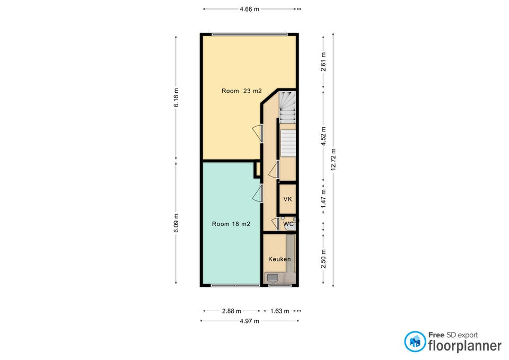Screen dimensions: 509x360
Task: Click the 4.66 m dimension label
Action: pyautogui.click(x=249, y=9)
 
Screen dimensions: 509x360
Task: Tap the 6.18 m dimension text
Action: pyautogui.click(x=176, y=98)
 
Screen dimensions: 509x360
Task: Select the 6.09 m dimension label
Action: pyautogui.click(x=176, y=223)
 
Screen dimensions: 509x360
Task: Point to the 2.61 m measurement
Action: pyautogui.click(x=323, y=62)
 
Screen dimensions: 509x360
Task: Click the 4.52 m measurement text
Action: pyautogui.click(x=323, y=136)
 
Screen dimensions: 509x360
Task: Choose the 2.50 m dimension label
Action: pyautogui.click(x=323, y=259)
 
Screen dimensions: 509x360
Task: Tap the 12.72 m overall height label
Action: pyautogui.click(x=334, y=160)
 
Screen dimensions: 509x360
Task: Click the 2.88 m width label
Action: pyautogui.click(x=232, y=311)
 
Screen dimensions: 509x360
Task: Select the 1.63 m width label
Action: pyautogui.click(x=279, y=311)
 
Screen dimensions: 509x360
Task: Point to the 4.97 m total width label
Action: pyautogui.click(x=249, y=321)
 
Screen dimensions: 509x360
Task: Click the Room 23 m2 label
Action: pyautogui.click(x=242, y=91)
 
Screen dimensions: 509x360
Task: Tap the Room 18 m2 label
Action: pyautogui.click(x=231, y=224)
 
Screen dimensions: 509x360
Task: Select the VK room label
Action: pyautogui.click(x=287, y=199)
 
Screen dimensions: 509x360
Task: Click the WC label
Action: pyautogui.click(x=288, y=224)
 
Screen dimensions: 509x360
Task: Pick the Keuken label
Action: pyautogui.click(x=279, y=259)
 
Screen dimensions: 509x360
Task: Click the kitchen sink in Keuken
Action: pyautogui.click(x=273, y=277)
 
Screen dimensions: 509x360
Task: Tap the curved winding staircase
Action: pyautogui.click(x=287, y=107)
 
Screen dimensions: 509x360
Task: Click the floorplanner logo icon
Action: pyautogui.click(x=415, y=341)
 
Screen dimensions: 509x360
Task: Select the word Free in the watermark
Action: pyautogui.click(x=436, y=335)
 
